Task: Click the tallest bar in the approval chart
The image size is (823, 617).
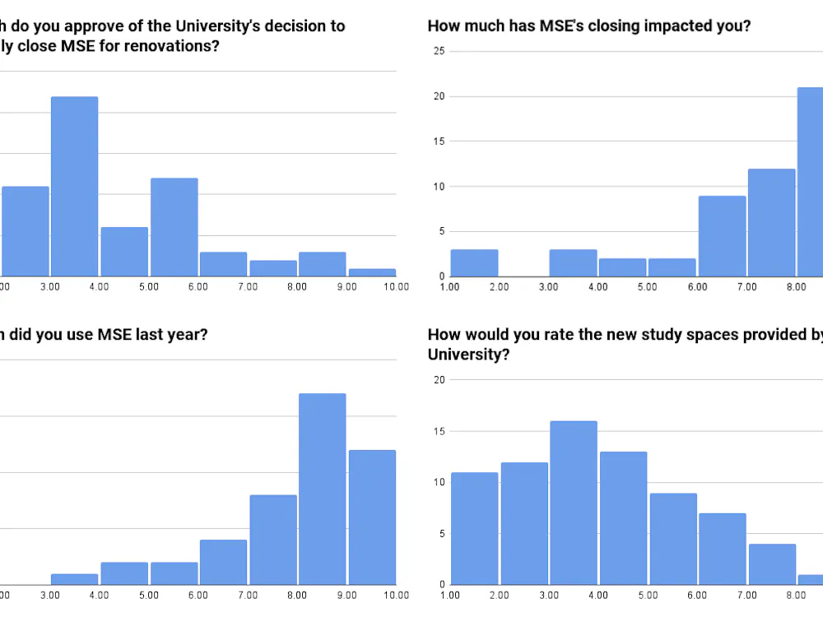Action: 74,186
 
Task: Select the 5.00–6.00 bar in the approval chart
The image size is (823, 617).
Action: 174,227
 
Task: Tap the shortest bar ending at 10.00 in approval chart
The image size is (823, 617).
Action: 372,272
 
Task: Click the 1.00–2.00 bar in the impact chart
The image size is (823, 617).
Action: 474,262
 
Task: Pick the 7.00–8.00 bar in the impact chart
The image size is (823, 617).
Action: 771,222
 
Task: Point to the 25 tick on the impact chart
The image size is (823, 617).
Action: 439,51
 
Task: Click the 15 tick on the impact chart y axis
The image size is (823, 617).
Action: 439,141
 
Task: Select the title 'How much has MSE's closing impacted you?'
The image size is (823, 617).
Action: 588,26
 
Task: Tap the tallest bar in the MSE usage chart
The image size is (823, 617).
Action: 322,489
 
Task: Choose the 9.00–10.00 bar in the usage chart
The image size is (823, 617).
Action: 372,517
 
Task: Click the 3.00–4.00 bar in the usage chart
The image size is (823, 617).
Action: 74,579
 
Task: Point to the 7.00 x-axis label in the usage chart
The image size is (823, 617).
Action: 248,595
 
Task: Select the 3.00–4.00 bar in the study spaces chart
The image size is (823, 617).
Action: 574,503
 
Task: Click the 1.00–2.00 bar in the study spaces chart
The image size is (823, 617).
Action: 474,528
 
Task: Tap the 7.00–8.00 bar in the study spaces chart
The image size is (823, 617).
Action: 771,564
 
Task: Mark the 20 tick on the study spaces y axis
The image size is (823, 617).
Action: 439,380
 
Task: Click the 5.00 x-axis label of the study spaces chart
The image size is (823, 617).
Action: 648,595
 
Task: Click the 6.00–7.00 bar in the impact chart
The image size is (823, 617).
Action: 722,236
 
